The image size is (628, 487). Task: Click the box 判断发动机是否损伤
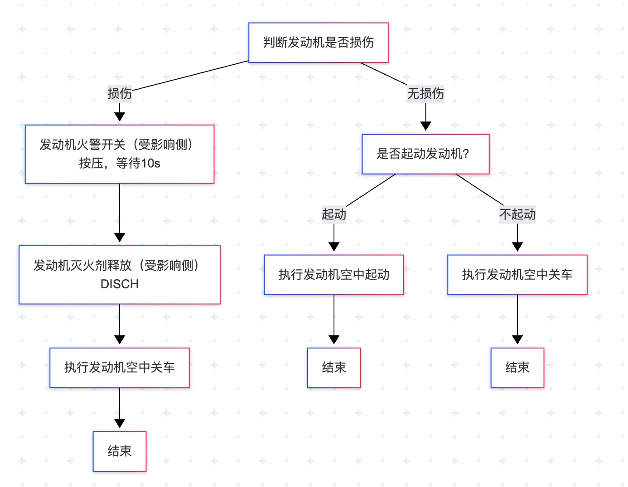(318, 43)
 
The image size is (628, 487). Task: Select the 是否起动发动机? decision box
(425, 154)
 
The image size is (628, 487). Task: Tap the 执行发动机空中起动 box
(333, 275)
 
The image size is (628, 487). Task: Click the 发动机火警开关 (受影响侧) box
(119, 154)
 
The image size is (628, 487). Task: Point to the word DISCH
(119, 284)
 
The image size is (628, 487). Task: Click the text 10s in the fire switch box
(151, 163)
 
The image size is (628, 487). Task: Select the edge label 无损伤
(425, 94)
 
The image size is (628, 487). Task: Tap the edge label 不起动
(517, 214)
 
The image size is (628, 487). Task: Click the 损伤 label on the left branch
(119, 94)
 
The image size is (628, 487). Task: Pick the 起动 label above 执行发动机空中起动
(333, 214)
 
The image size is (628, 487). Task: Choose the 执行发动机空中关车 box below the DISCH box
(119, 368)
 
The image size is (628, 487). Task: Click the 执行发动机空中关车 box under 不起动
(517, 275)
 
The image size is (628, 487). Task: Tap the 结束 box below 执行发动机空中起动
(333, 368)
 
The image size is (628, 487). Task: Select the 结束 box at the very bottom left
(119, 451)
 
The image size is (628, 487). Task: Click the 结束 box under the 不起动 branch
(517, 368)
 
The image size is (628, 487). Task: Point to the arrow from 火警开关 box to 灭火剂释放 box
(119, 213)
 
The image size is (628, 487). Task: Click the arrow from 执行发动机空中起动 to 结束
(333, 319)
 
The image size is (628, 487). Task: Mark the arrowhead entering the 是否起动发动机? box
(425, 126)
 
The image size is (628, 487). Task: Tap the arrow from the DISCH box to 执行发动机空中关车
(119, 324)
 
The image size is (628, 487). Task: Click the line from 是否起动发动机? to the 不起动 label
(479, 189)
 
